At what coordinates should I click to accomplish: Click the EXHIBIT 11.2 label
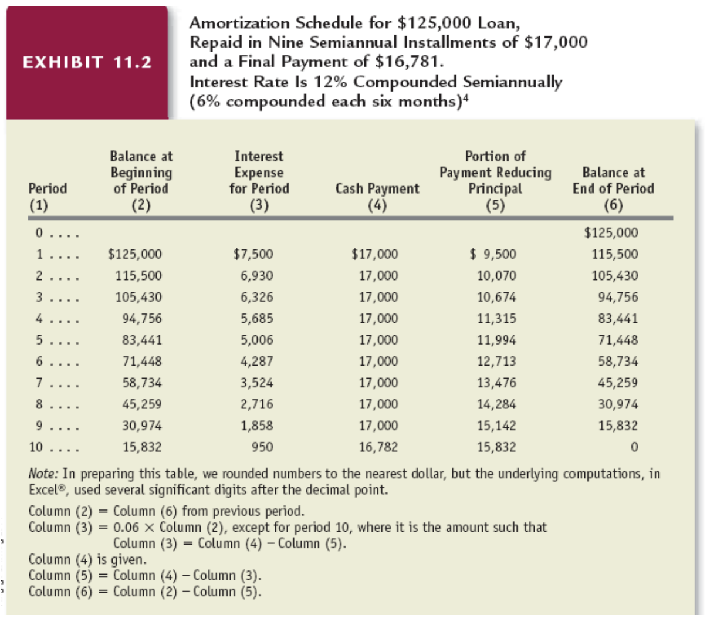tap(87, 62)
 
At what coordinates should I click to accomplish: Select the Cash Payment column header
tap(377, 188)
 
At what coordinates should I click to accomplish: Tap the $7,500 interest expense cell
tap(253, 254)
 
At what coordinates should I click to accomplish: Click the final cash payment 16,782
tap(378, 447)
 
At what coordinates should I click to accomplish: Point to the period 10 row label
tap(36, 447)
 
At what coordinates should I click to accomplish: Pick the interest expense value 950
tap(262, 447)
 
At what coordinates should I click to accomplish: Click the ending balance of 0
tap(634, 447)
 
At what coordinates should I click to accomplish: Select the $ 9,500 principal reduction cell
tap(493, 254)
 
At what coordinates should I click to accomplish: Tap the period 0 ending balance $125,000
tap(611, 232)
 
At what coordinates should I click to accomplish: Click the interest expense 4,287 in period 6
tap(256, 361)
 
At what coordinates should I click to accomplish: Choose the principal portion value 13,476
tap(496, 382)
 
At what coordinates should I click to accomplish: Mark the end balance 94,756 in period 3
tap(618, 297)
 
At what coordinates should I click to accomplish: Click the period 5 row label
tap(39, 340)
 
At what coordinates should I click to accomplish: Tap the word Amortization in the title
tap(240, 23)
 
